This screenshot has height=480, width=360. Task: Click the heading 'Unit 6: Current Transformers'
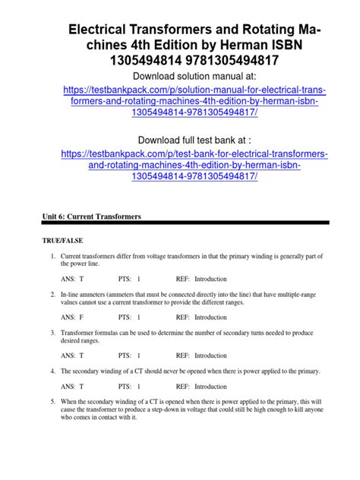click(91, 217)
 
